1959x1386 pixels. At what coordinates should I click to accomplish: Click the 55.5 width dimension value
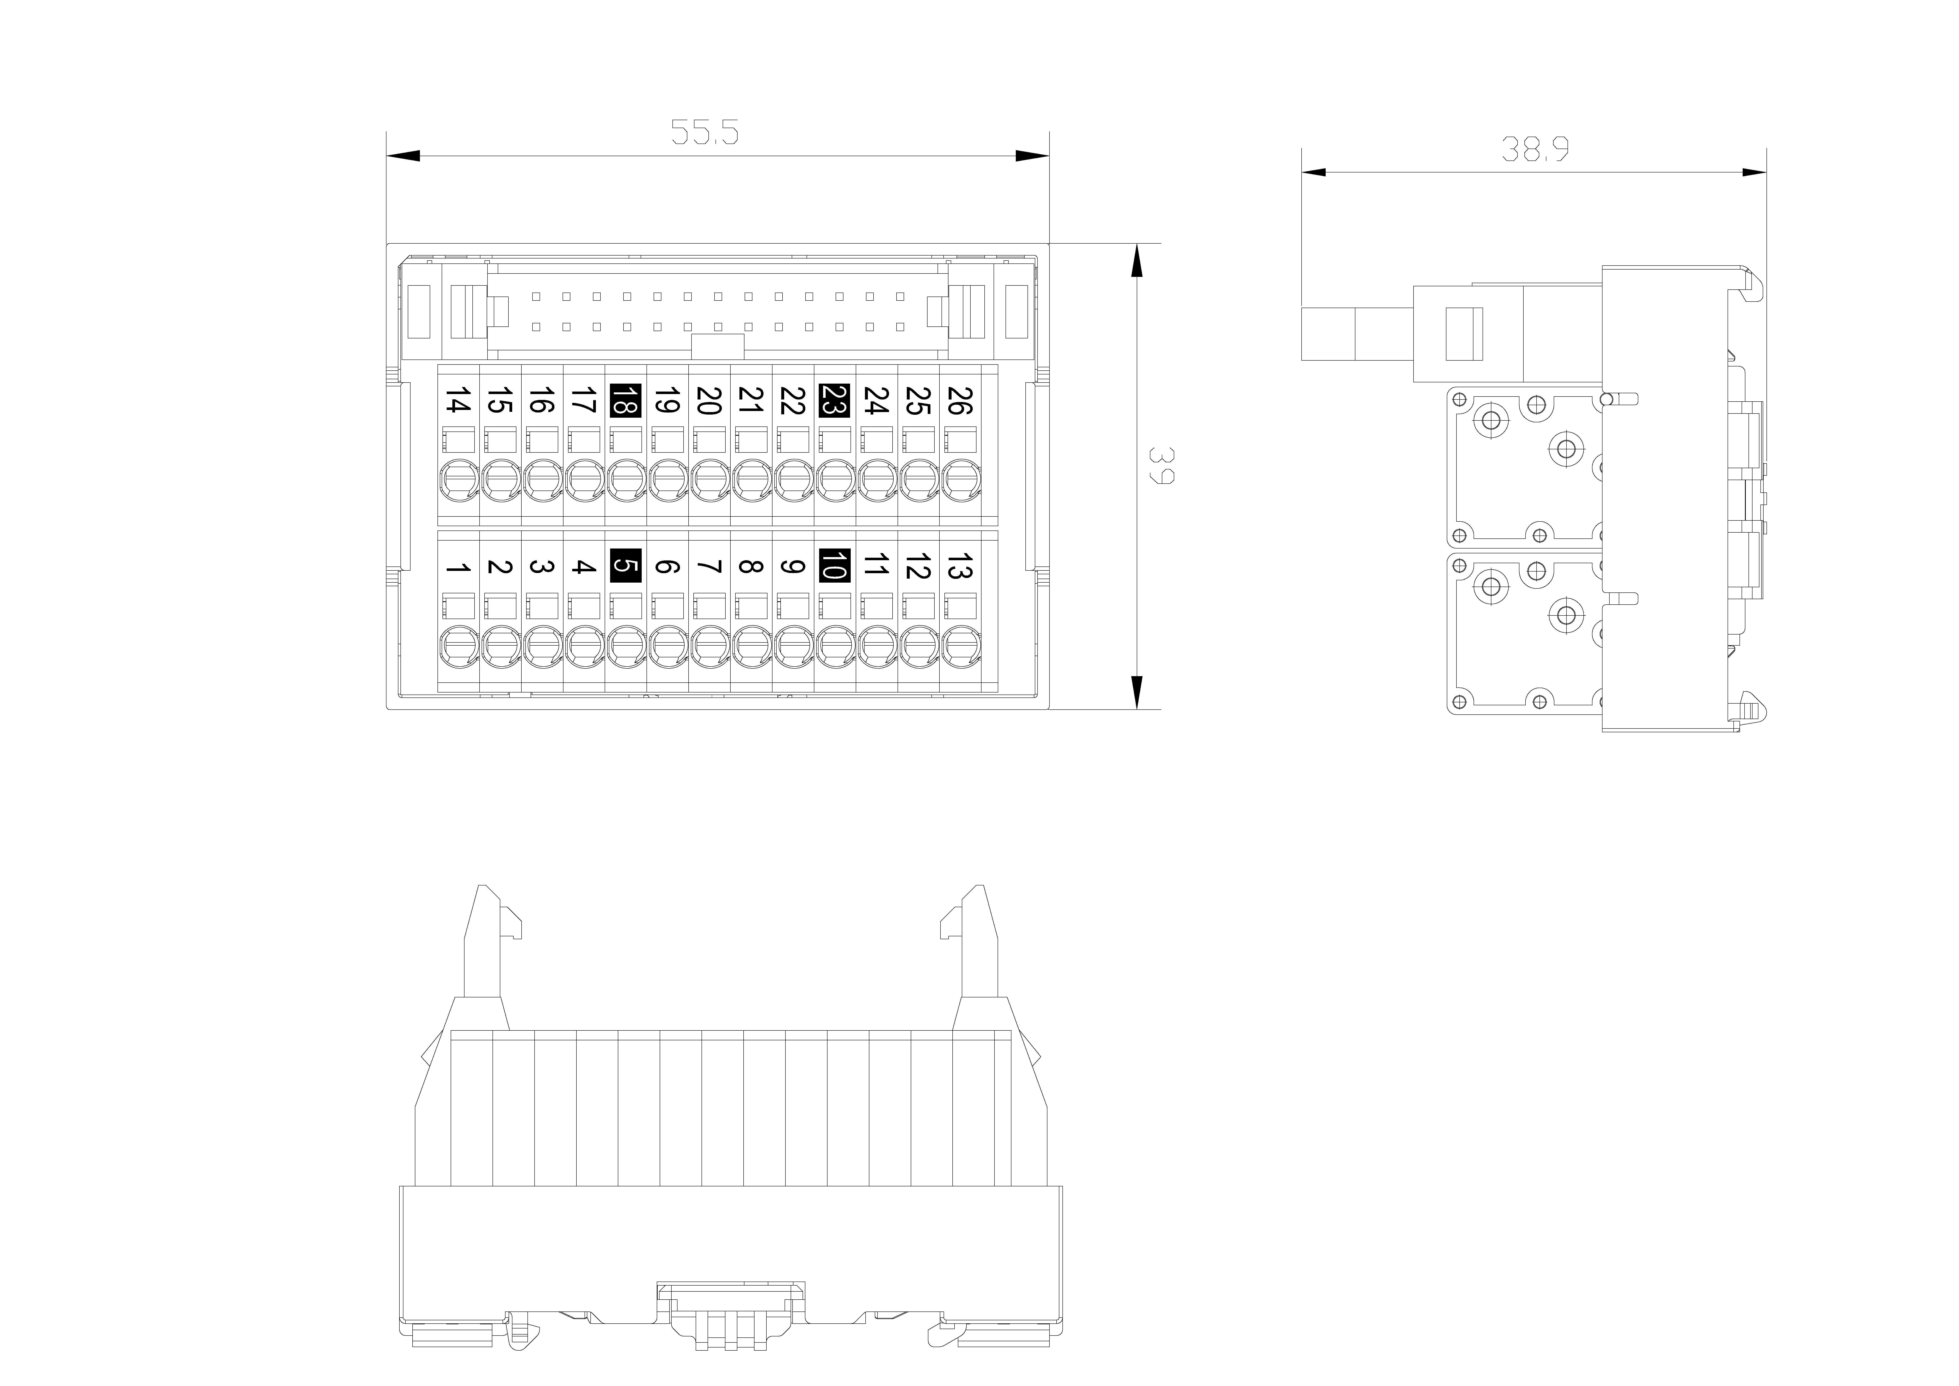click(x=704, y=132)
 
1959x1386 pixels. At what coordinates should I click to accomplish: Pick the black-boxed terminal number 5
click(x=625, y=565)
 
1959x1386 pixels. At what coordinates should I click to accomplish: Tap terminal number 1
click(x=459, y=568)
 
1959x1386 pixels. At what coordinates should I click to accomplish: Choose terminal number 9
click(x=793, y=566)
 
